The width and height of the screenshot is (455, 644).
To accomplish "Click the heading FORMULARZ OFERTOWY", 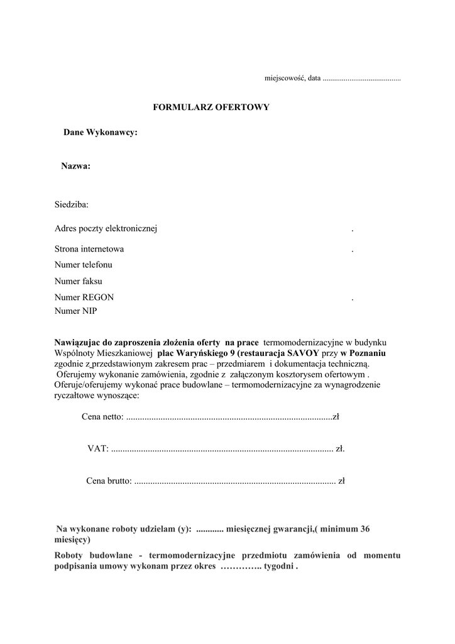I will pos(211,108).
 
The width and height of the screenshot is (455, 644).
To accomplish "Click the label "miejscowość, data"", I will pos(292,79).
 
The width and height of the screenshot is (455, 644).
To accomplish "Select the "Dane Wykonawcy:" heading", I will pos(101,132).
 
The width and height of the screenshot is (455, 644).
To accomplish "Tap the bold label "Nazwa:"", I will pos(76,166).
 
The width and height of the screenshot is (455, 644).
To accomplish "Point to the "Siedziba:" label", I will pos(72,204).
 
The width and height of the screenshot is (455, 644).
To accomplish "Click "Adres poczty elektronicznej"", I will pos(106,228).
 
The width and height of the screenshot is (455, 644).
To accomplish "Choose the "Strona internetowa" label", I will pos(89,249).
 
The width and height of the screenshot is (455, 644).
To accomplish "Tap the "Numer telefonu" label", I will pos(84,265).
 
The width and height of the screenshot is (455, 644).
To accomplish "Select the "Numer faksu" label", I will pos(79,281).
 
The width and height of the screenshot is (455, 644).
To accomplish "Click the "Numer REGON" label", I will pos(84,297).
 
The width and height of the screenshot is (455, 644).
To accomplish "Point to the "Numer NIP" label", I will pos(76,310).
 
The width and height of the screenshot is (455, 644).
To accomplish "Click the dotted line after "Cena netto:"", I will pos(229,417).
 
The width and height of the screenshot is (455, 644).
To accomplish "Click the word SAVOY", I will pos(304,353).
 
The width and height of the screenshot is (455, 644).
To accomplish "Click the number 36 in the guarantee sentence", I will pos(365,529).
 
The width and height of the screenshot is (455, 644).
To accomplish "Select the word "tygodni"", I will pos(279,566).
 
